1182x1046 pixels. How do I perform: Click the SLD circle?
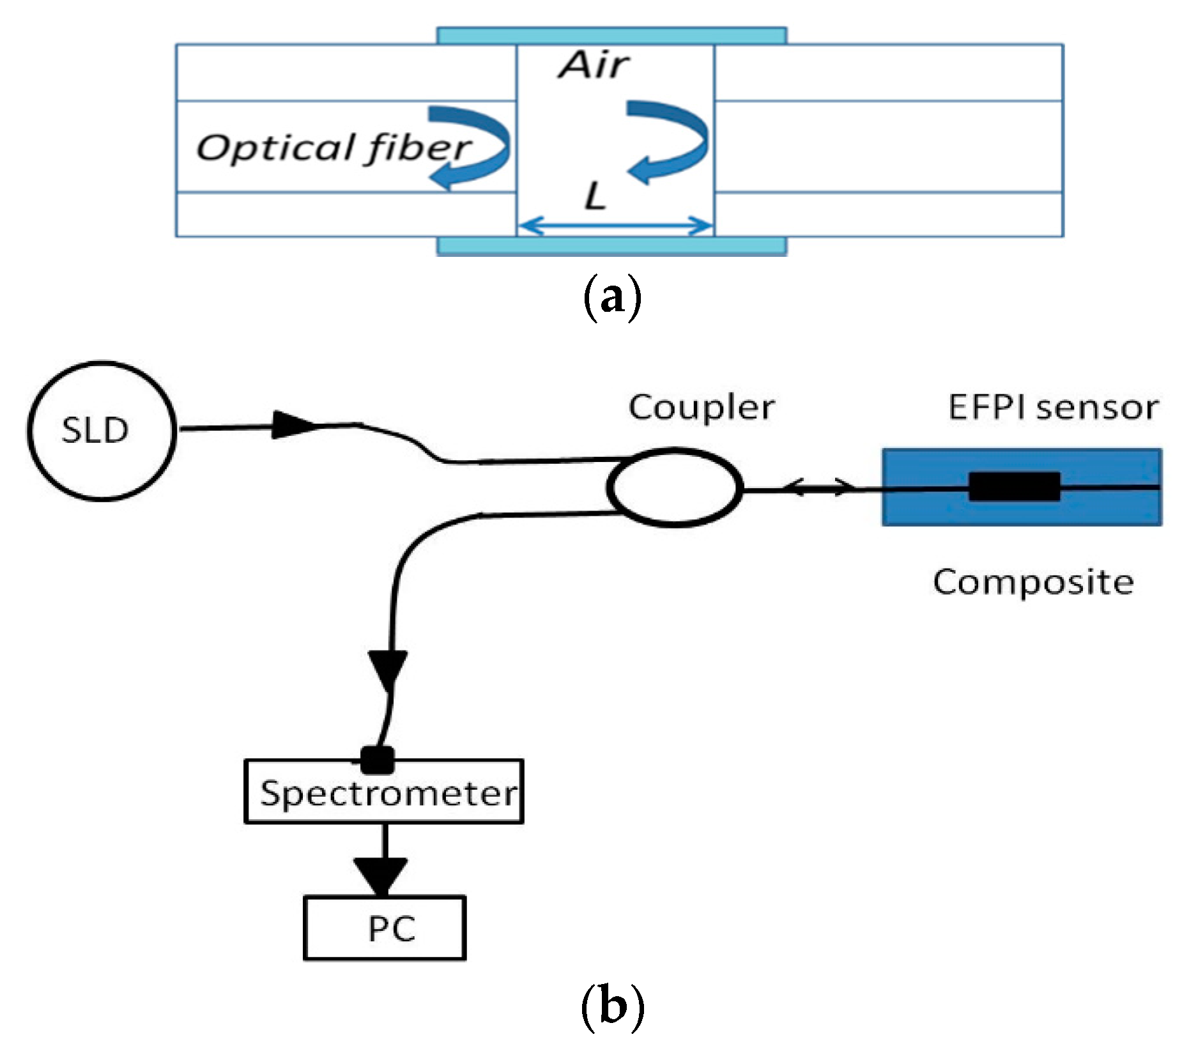101,431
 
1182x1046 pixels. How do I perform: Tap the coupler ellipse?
674,487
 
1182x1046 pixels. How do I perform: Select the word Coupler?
702,408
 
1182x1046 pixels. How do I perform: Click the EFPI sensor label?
1053,407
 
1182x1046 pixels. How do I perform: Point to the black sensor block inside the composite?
1015,487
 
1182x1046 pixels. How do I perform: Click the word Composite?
1033,583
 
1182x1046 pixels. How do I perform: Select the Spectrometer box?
384,791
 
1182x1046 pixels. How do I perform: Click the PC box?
385,928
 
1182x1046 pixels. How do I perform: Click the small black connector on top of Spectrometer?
377,760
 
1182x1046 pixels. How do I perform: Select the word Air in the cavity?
594,65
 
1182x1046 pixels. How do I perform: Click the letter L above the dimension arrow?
595,196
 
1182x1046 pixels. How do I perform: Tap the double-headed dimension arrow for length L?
615,226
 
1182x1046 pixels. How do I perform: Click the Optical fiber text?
334,148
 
